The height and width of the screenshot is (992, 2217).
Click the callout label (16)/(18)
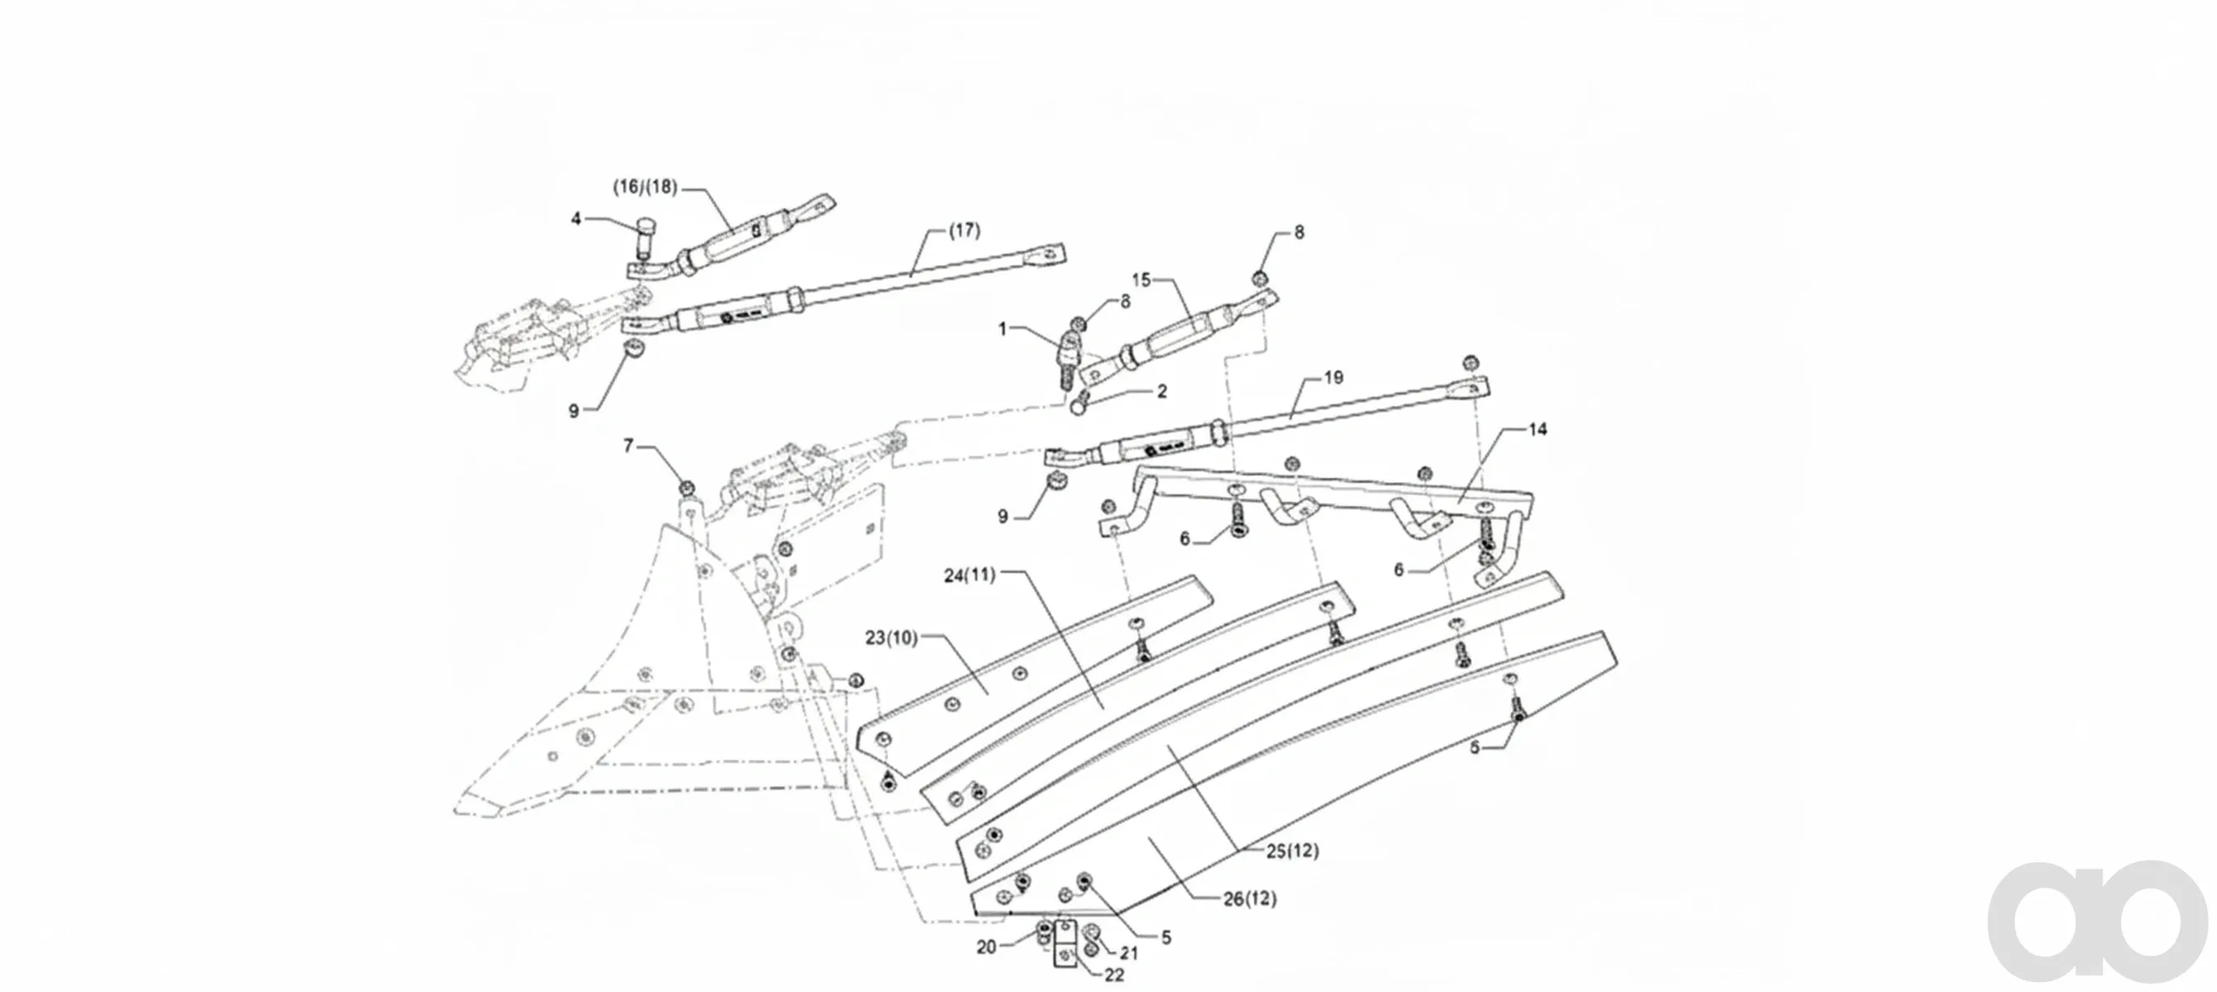click(x=645, y=187)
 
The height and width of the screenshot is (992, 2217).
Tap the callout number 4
click(x=577, y=219)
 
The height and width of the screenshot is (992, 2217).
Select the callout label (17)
click(x=964, y=231)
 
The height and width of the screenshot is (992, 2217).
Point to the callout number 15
click(x=1142, y=279)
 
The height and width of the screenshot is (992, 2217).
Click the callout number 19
click(x=1333, y=377)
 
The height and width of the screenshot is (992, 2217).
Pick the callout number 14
click(x=1537, y=428)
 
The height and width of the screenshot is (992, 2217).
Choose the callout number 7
click(x=628, y=446)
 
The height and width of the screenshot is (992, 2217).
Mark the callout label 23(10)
click(x=892, y=637)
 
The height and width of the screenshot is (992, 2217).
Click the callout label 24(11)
click(x=970, y=575)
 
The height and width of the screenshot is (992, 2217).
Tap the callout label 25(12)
click(x=1292, y=851)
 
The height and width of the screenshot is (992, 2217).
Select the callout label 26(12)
click(x=1250, y=899)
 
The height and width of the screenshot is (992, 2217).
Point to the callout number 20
click(x=986, y=947)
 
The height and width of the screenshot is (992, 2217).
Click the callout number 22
click(x=1113, y=975)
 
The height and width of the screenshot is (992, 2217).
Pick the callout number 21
click(x=1128, y=953)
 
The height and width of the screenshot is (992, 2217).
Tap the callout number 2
click(x=1162, y=392)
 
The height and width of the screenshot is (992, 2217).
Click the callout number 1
click(x=1003, y=329)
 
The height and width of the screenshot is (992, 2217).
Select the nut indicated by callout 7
click(x=687, y=489)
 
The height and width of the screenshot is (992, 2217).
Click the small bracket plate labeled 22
click(x=1066, y=945)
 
